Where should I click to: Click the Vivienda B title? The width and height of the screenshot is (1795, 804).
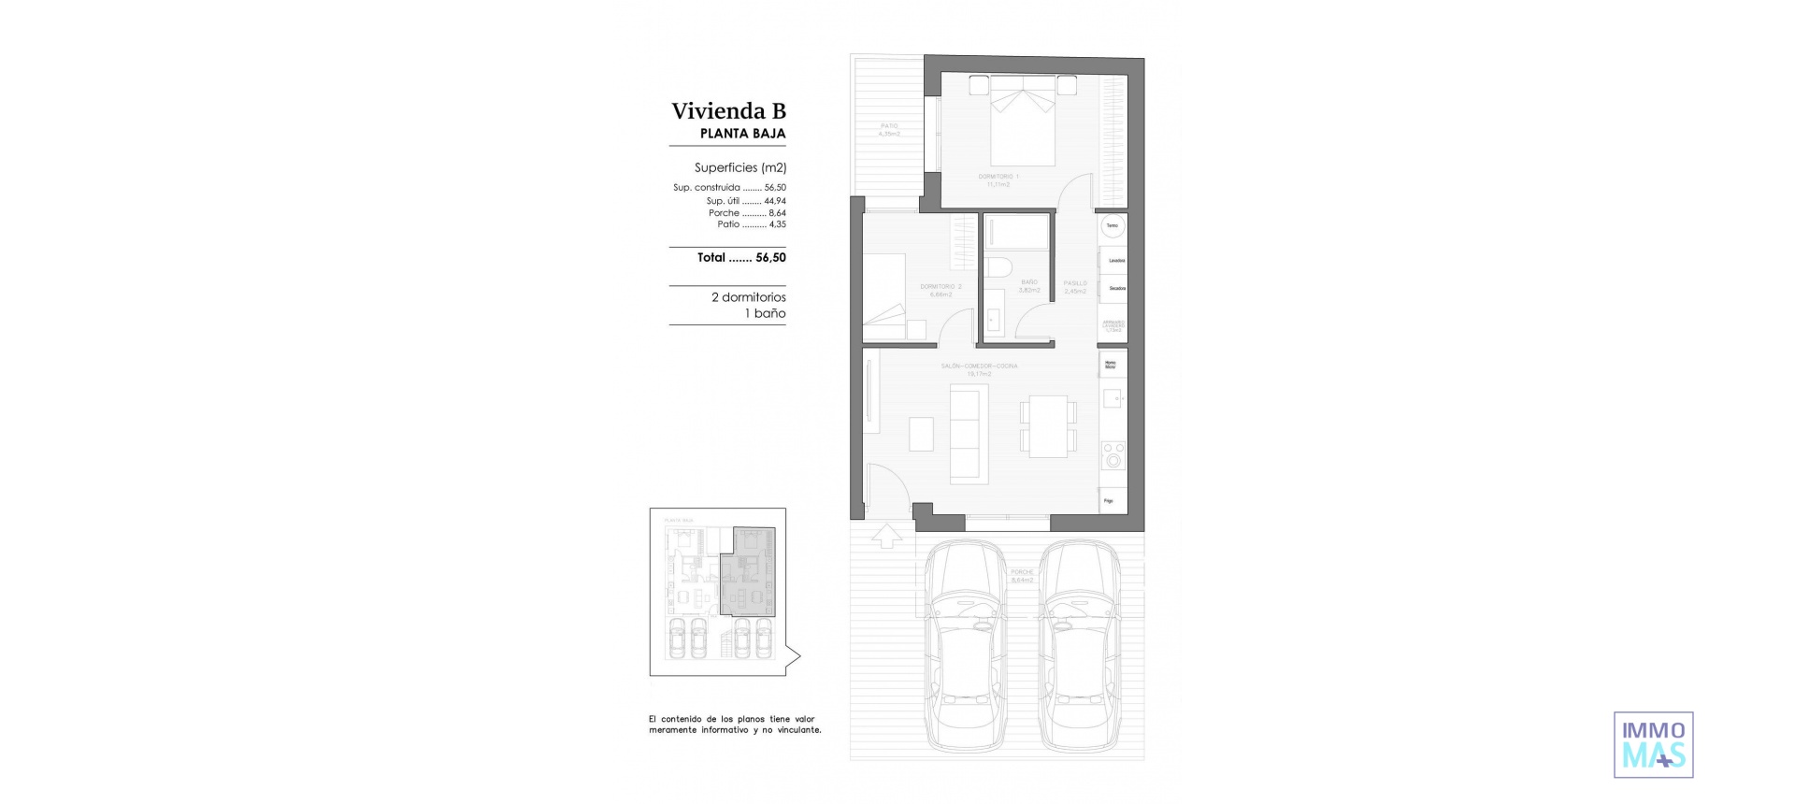pyautogui.click(x=728, y=111)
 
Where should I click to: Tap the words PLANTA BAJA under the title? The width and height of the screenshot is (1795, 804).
pyautogui.click(x=742, y=134)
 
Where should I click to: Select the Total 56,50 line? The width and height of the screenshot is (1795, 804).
pyautogui.click(x=740, y=257)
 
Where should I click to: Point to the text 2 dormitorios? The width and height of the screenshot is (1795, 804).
pyautogui.click(x=748, y=297)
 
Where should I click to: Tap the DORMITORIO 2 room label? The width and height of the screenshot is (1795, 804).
pyautogui.click(x=941, y=287)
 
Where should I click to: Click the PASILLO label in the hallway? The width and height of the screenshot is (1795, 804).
pyautogui.click(x=1075, y=283)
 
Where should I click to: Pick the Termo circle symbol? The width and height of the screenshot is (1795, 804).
pyautogui.click(x=1112, y=225)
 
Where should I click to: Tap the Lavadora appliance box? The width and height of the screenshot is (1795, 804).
pyautogui.click(x=1113, y=261)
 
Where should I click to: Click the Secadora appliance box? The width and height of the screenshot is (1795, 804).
pyautogui.click(x=1113, y=288)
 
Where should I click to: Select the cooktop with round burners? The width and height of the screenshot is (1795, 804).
pyautogui.click(x=1113, y=456)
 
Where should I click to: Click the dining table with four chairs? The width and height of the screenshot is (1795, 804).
pyautogui.click(x=1048, y=426)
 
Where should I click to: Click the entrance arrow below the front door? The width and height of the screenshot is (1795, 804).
pyautogui.click(x=886, y=536)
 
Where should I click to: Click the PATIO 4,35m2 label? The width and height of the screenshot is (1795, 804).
pyautogui.click(x=889, y=130)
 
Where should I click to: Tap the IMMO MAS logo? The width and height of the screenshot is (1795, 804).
pyautogui.click(x=1653, y=744)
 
